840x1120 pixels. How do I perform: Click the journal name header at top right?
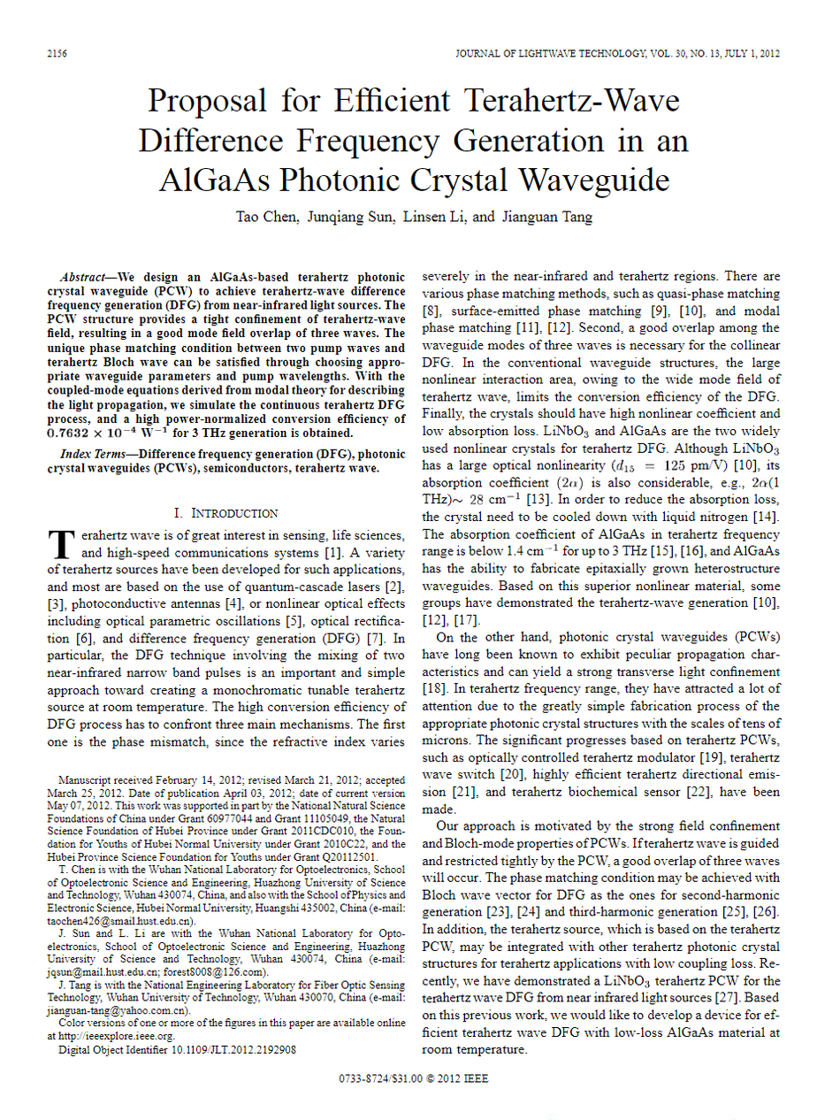coord(617,54)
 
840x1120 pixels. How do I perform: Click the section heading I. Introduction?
coord(226,513)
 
